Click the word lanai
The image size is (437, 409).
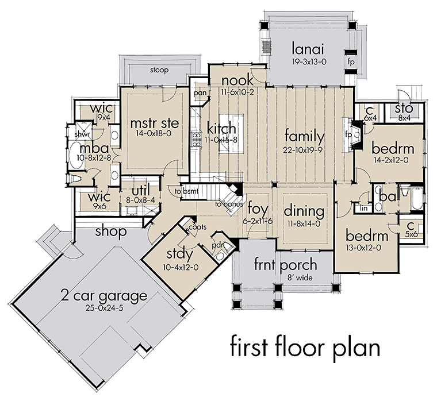click(308, 49)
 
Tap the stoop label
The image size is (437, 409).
click(159, 70)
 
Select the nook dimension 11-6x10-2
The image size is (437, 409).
click(237, 92)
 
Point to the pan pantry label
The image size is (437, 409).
click(200, 93)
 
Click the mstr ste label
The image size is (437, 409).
click(155, 124)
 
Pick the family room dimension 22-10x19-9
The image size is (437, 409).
click(302, 150)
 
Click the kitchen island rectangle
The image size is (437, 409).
click(231, 133)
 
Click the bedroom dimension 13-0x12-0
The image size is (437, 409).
click(367, 247)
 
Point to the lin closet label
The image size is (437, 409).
click(364, 208)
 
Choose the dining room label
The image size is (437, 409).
click(304, 211)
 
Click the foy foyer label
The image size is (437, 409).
click(258, 209)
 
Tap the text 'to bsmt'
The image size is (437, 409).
click(186, 191)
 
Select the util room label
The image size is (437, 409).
click(141, 191)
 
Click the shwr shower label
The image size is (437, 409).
click(83, 134)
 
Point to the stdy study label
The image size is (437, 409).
click(180, 254)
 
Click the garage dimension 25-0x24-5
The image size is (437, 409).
click(104, 308)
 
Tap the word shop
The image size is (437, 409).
click(111, 231)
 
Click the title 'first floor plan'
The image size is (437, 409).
click(305, 347)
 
